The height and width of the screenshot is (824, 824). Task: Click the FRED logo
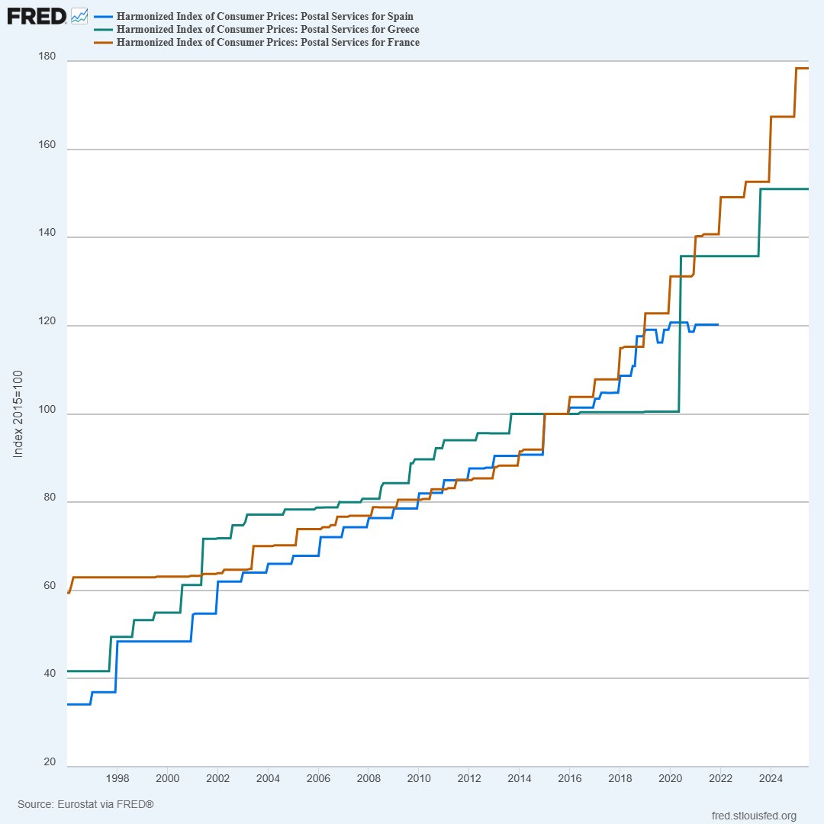(x=37, y=15)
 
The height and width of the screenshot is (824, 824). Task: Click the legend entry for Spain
(x=266, y=16)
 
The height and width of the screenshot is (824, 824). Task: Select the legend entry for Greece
(x=267, y=29)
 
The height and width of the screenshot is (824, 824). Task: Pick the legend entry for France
(x=267, y=42)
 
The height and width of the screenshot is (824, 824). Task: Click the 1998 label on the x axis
(x=117, y=778)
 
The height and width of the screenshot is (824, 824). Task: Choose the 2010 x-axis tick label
(x=418, y=778)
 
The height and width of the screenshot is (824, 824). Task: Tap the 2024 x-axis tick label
(x=770, y=778)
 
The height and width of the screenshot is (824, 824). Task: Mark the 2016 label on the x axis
(x=569, y=778)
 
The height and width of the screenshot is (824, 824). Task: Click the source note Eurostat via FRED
(x=85, y=804)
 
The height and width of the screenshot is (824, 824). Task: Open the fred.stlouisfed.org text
(x=753, y=816)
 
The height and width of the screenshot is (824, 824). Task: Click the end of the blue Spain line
(x=717, y=325)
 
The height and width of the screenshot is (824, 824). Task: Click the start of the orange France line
(x=69, y=592)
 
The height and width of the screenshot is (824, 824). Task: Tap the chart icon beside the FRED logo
(x=79, y=15)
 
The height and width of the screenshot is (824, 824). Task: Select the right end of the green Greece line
(x=807, y=188)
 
